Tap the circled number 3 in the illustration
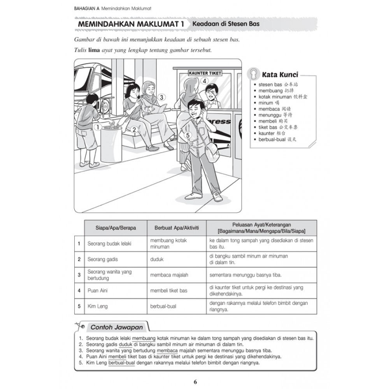point(161,98)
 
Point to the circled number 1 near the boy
point(97,126)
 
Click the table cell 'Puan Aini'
point(98,291)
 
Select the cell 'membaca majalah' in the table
point(169,275)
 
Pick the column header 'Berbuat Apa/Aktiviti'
point(174,228)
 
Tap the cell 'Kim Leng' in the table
point(97,306)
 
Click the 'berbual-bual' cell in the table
point(163,306)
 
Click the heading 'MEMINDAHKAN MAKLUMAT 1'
point(131,24)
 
